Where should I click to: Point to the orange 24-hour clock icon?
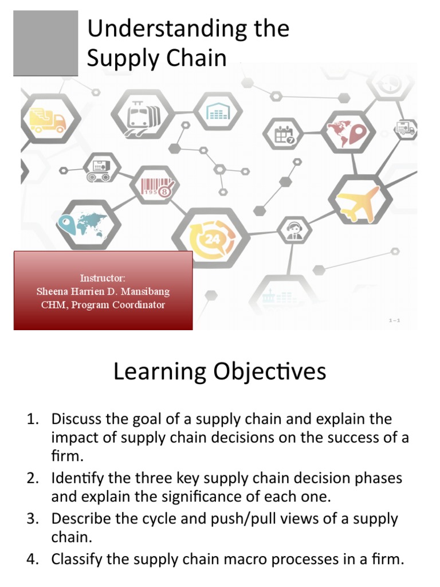(x=210, y=239)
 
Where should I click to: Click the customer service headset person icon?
(x=294, y=229)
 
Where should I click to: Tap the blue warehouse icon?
(x=218, y=112)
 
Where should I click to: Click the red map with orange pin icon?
(x=348, y=132)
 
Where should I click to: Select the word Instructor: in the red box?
(x=103, y=278)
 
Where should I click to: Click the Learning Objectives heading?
(x=219, y=372)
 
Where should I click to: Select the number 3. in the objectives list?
(x=33, y=519)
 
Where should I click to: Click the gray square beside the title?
(x=46, y=43)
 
